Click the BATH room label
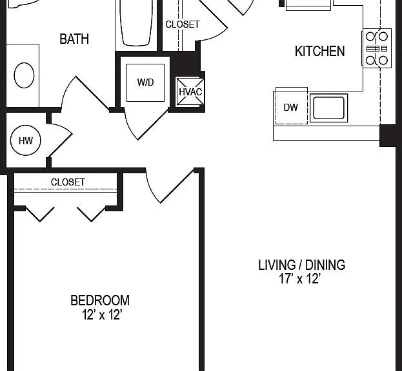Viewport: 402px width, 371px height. [x=74, y=39]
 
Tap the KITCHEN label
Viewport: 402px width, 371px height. [x=319, y=51]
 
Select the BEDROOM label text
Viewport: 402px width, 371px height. [x=100, y=300]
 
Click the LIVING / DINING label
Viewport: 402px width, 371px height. [x=301, y=265]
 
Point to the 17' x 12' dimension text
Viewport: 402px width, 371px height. [x=300, y=279]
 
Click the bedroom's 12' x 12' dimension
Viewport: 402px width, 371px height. [x=101, y=315]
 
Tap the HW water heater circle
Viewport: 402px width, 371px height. [x=26, y=140]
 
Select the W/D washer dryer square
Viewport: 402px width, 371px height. [x=145, y=82]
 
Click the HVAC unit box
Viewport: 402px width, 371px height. [x=190, y=91]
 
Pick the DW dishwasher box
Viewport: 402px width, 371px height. [x=292, y=108]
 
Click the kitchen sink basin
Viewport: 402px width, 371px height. [x=328, y=108]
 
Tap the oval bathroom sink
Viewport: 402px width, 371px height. [x=24, y=75]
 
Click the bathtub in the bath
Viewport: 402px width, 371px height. [x=136, y=23]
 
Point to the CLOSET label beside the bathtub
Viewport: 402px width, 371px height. [x=182, y=24]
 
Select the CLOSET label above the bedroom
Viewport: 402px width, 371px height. [x=68, y=182]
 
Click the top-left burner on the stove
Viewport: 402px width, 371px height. [x=370, y=36]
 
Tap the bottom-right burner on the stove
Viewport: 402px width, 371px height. [x=383, y=61]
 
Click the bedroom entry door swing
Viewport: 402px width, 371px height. [x=170, y=185]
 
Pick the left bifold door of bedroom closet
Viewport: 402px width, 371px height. [x=40, y=214]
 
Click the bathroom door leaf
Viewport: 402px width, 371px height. [x=92, y=93]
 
